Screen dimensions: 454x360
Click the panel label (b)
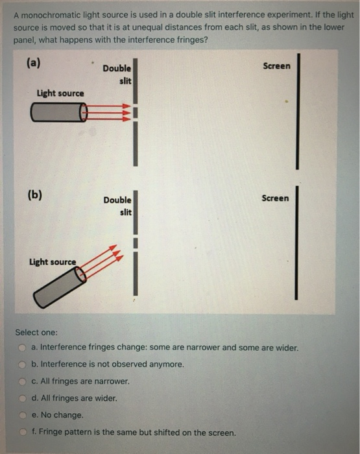point(35,194)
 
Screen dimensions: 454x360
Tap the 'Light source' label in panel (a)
point(60,93)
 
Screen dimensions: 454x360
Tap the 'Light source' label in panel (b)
point(53,262)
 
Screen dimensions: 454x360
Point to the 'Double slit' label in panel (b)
point(117,206)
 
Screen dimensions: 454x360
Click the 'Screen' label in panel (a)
point(277,66)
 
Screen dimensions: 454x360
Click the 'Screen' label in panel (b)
point(276,198)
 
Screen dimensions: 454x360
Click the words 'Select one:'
point(36,332)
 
